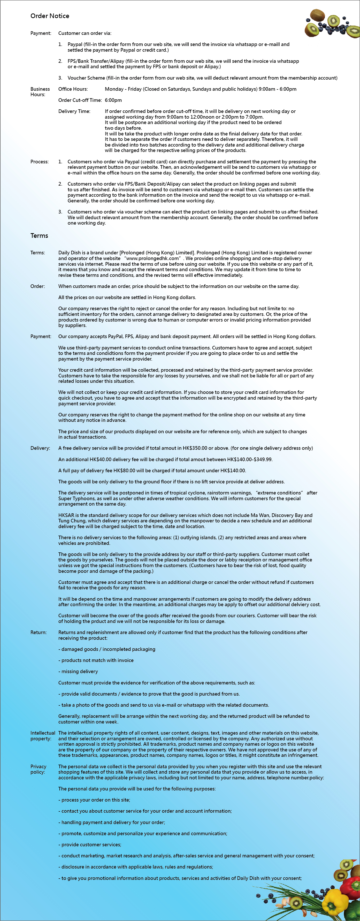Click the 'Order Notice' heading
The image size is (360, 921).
point(50,16)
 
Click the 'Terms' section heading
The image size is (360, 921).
point(39,235)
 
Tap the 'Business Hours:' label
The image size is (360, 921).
point(40,92)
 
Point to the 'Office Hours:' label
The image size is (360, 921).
point(73,89)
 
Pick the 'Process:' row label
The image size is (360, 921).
point(39,162)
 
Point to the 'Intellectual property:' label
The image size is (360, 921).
point(43,736)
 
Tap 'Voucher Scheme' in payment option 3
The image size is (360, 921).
point(86,78)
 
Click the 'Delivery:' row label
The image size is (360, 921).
point(40,448)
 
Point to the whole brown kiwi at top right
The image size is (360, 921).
point(317,15)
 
